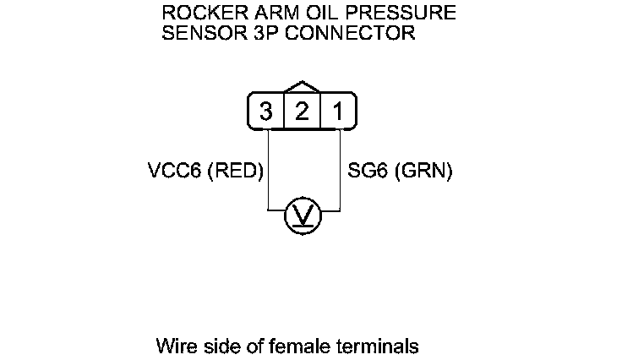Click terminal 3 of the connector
coord(266,112)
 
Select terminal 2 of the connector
coord(302,112)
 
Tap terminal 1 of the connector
coord(337,112)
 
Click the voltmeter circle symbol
coord(302,216)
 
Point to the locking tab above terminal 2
coord(302,87)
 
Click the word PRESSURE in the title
coord(397,14)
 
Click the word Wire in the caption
coord(173,346)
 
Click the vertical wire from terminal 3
coord(267,169)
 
